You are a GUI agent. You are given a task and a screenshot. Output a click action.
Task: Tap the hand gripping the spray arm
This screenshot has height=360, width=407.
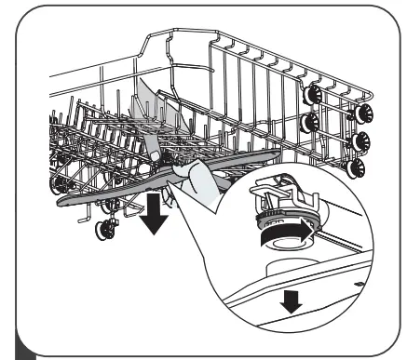(x=203, y=186)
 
